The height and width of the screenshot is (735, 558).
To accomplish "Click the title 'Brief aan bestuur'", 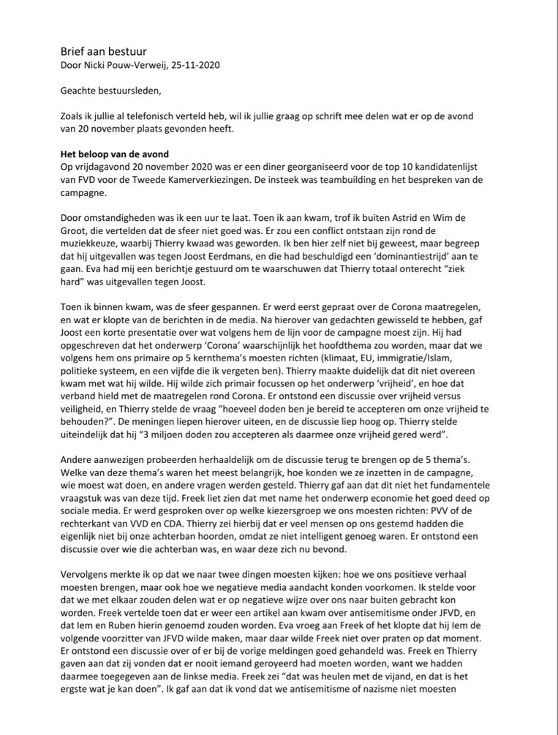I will click(x=103, y=51).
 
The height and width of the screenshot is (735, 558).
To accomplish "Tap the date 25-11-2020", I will click(x=199, y=65).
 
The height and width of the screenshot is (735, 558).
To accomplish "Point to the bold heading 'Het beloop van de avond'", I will click(x=115, y=154).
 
